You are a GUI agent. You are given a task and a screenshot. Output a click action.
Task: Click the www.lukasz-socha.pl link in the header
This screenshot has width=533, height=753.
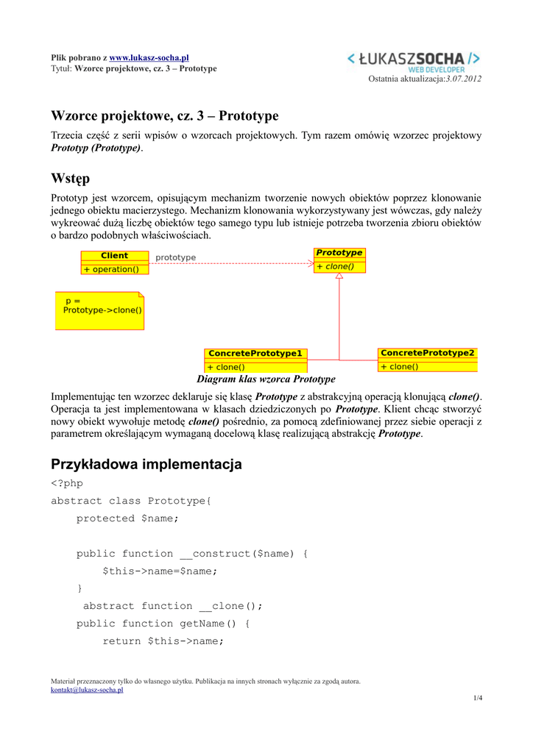pyautogui.click(x=149, y=57)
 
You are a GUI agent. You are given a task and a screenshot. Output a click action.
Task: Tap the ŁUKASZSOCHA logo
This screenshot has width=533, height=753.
pyautogui.click(x=414, y=60)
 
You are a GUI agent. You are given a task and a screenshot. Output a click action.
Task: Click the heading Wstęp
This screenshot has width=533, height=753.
pyautogui.click(x=70, y=179)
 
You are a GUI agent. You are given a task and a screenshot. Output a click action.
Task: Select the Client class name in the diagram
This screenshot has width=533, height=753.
pyautogui.click(x=114, y=256)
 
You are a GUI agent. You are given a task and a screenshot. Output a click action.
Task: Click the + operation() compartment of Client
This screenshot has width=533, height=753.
pyautogui.click(x=114, y=269)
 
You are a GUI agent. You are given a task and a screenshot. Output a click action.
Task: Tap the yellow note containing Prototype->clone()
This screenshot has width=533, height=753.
pyautogui.click(x=100, y=310)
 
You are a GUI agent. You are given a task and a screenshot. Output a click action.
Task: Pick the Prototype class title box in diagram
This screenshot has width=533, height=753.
pyautogui.click(x=339, y=253)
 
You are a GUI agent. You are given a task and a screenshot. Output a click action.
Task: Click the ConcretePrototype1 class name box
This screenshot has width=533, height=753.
pyautogui.click(x=255, y=354)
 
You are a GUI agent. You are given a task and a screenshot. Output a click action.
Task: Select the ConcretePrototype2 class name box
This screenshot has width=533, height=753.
pyautogui.click(x=428, y=353)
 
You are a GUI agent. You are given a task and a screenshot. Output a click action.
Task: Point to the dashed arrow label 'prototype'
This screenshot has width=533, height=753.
pyautogui.click(x=176, y=257)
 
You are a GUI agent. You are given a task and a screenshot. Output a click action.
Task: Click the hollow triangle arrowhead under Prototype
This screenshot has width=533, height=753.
pyautogui.click(x=339, y=276)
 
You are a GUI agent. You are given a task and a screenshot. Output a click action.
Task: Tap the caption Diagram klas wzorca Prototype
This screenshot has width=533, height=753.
pyautogui.click(x=266, y=379)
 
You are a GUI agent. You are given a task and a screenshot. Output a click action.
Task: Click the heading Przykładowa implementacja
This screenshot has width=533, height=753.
pyautogui.click(x=146, y=465)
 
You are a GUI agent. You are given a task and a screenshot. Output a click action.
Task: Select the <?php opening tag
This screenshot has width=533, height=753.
pyautogui.click(x=67, y=483)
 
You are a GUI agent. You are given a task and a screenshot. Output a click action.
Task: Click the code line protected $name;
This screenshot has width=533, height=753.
pyautogui.click(x=127, y=518)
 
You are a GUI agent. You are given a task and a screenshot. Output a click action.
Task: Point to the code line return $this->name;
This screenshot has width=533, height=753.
pyautogui.click(x=163, y=641)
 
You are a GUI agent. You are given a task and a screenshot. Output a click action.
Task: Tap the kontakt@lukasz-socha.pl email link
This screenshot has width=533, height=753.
pyautogui.click(x=87, y=690)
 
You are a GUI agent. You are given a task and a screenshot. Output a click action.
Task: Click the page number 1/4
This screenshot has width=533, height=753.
pyautogui.click(x=477, y=698)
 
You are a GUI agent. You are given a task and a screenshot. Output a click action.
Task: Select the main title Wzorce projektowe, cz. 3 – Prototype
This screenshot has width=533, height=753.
pyautogui.click(x=165, y=116)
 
